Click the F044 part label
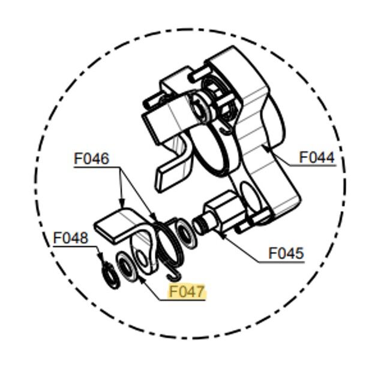tap(317, 158)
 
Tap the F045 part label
tap(286, 253)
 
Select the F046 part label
tap(91, 158)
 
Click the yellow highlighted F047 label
tap(187, 291)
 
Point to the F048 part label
tap(71, 237)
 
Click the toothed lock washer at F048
tap(110, 275)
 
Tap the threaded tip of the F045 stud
tap(199, 225)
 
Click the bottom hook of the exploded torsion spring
tap(175, 275)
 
